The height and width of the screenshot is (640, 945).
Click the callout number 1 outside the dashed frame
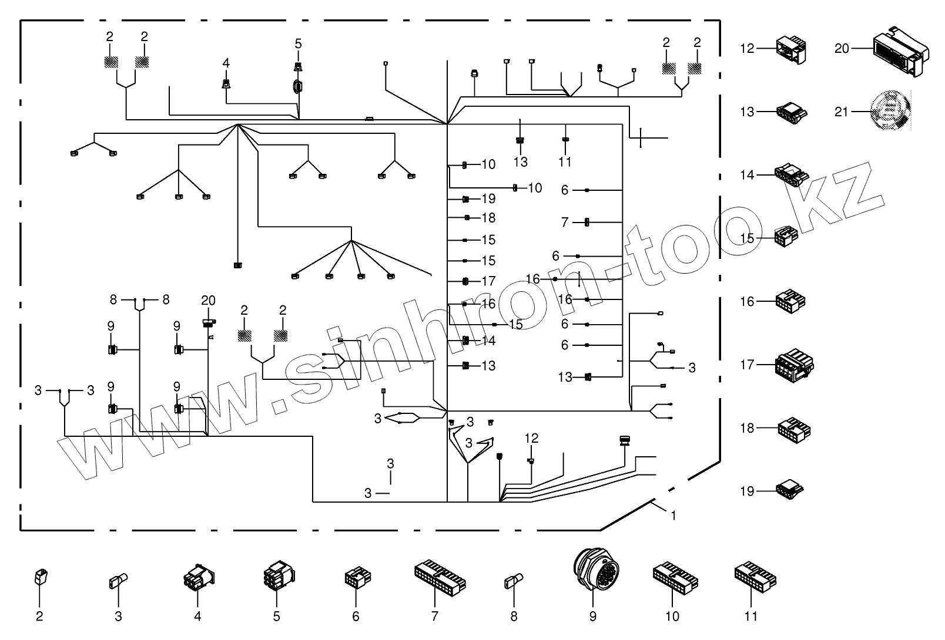click(673, 516)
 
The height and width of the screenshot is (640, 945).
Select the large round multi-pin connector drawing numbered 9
click(592, 568)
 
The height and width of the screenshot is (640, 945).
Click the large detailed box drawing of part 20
click(900, 53)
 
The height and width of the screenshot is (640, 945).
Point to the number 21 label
click(842, 111)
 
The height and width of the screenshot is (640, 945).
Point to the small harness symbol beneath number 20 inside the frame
click(208, 322)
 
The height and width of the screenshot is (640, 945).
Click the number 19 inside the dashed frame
click(488, 199)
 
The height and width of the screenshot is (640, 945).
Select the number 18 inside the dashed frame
click(488, 218)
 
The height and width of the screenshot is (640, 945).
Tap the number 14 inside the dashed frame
click(488, 341)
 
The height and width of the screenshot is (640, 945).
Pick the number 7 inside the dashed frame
click(565, 223)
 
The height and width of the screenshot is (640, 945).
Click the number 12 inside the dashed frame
click(531, 438)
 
